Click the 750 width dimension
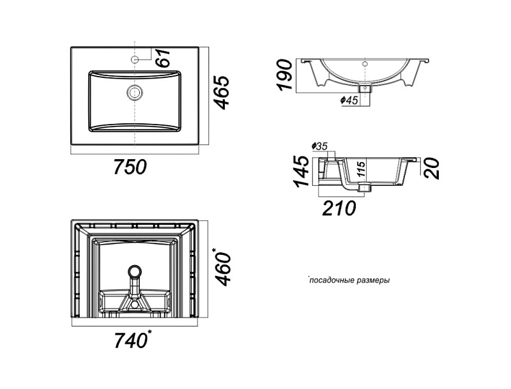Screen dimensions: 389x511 130,168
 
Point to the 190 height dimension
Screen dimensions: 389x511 285,75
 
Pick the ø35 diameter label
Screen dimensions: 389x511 319,147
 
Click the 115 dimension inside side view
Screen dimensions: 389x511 361,169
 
